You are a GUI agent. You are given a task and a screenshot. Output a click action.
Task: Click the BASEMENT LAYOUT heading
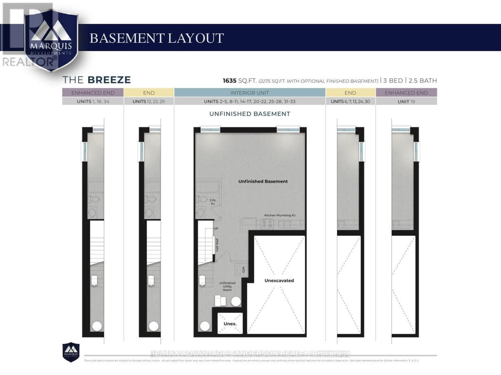click(157, 38)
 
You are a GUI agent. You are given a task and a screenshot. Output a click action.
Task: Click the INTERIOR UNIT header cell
click(250, 93)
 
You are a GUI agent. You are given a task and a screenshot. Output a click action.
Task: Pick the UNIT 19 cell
click(406, 101)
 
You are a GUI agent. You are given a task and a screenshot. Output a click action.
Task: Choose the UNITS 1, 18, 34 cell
click(93, 101)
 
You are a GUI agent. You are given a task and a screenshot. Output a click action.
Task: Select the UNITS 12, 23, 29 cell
click(149, 101)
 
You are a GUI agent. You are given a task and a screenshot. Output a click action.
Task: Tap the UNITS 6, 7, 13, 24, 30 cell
click(350, 101)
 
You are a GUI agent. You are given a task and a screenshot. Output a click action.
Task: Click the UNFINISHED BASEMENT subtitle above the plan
click(250, 114)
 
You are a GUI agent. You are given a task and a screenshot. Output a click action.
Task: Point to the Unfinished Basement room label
click(263, 181)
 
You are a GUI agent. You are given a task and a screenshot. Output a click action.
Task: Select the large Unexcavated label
click(279, 280)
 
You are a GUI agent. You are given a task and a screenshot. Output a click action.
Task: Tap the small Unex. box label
click(230, 323)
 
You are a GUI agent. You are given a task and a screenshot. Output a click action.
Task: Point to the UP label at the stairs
click(216, 229)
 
